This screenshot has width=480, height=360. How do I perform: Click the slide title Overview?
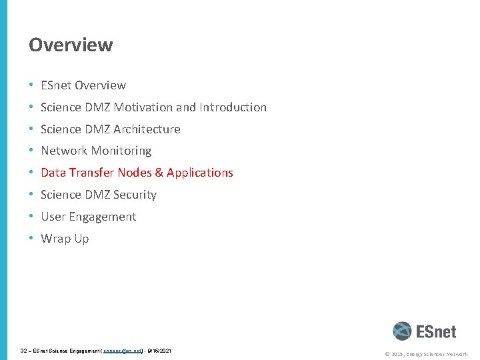click(x=71, y=45)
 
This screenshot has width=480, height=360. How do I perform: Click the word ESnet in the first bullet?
click(x=56, y=85)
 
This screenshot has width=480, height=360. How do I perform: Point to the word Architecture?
click(x=147, y=129)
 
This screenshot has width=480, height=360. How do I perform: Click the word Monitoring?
click(x=121, y=151)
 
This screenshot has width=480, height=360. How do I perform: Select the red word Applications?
click(x=200, y=173)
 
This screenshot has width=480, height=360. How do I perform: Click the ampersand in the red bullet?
click(x=159, y=173)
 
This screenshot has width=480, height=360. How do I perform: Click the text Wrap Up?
click(x=65, y=239)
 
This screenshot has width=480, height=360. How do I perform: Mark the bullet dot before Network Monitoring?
click(x=31, y=151)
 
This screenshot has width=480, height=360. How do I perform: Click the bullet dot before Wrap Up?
click(x=31, y=239)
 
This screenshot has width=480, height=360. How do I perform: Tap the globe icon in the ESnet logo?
click(x=402, y=331)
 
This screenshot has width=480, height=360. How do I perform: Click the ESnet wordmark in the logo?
click(x=436, y=331)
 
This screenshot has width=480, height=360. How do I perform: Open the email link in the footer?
click(x=123, y=350)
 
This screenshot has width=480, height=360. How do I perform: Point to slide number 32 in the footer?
click(x=24, y=350)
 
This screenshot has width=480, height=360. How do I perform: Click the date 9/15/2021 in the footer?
click(x=159, y=350)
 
